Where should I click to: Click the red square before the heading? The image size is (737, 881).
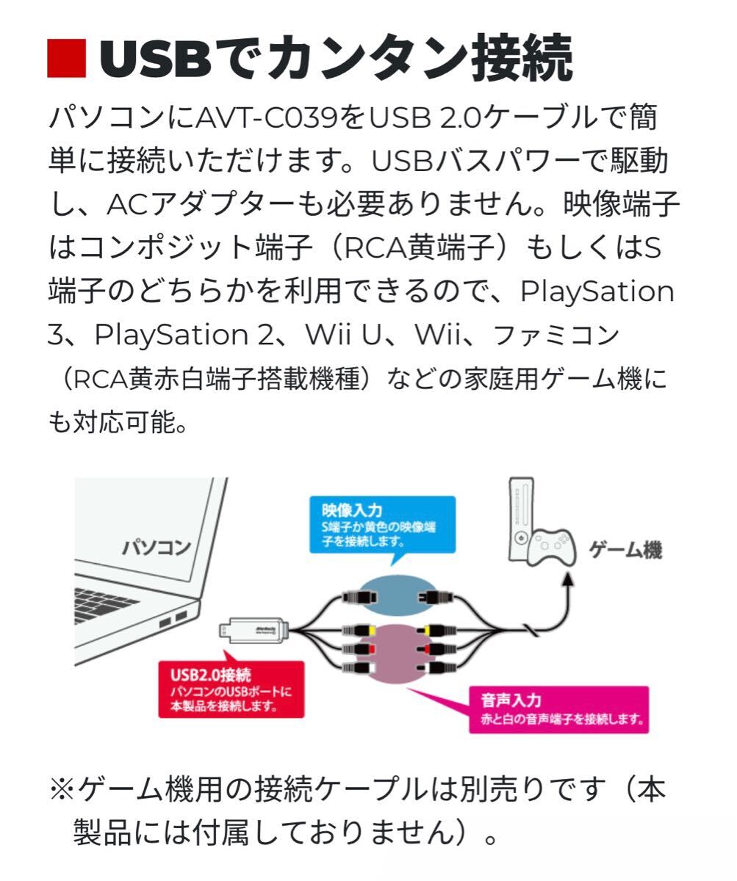(x=66, y=58)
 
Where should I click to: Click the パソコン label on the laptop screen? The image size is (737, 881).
(x=156, y=547)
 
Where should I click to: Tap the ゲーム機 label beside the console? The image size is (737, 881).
(x=625, y=550)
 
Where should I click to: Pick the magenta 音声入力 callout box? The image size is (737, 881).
(x=558, y=709)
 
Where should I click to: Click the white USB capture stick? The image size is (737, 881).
(x=253, y=629)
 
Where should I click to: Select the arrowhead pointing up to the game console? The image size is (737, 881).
(x=568, y=580)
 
